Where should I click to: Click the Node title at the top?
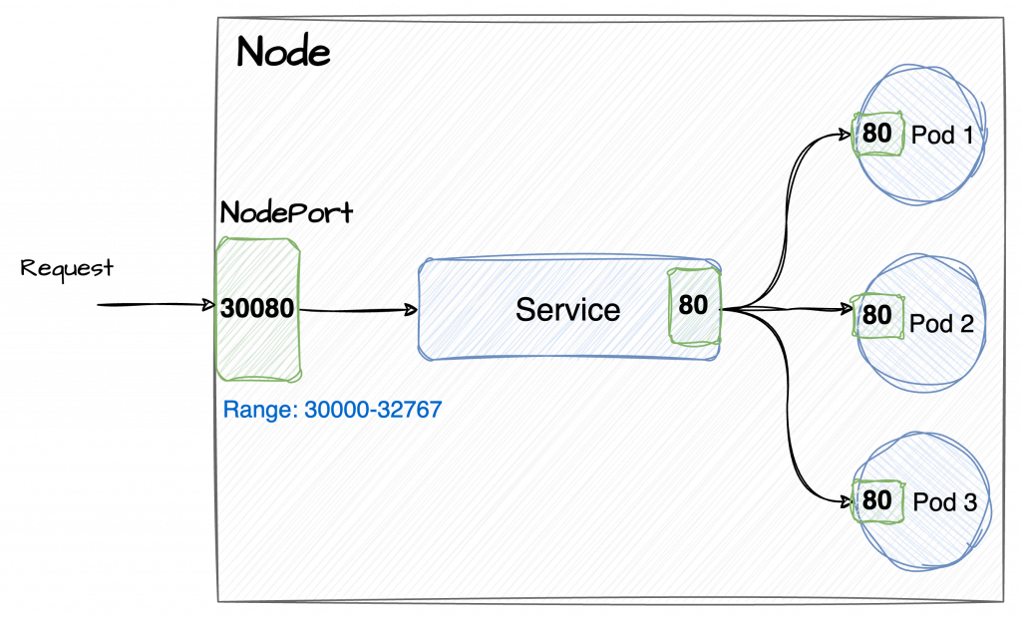pyautogui.click(x=282, y=52)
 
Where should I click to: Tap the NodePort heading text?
pyautogui.click(x=286, y=213)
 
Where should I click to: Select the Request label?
pyautogui.click(x=67, y=269)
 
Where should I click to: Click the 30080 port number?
pyautogui.click(x=257, y=308)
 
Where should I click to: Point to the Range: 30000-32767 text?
pyautogui.click(x=332, y=410)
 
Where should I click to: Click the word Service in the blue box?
pyautogui.click(x=567, y=309)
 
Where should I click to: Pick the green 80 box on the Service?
pyautogui.click(x=694, y=305)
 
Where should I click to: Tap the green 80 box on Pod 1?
pyautogui.click(x=877, y=134)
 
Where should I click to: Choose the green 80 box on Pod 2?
pyautogui.click(x=877, y=315)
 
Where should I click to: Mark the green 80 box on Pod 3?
pyautogui.click(x=875, y=498)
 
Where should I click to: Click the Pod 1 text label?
pyautogui.click(x=942, y=134)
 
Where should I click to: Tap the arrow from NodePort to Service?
pyautogui.click(x=359, y=310)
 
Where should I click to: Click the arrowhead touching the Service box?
pyautogui.click(x=410, y=310)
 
